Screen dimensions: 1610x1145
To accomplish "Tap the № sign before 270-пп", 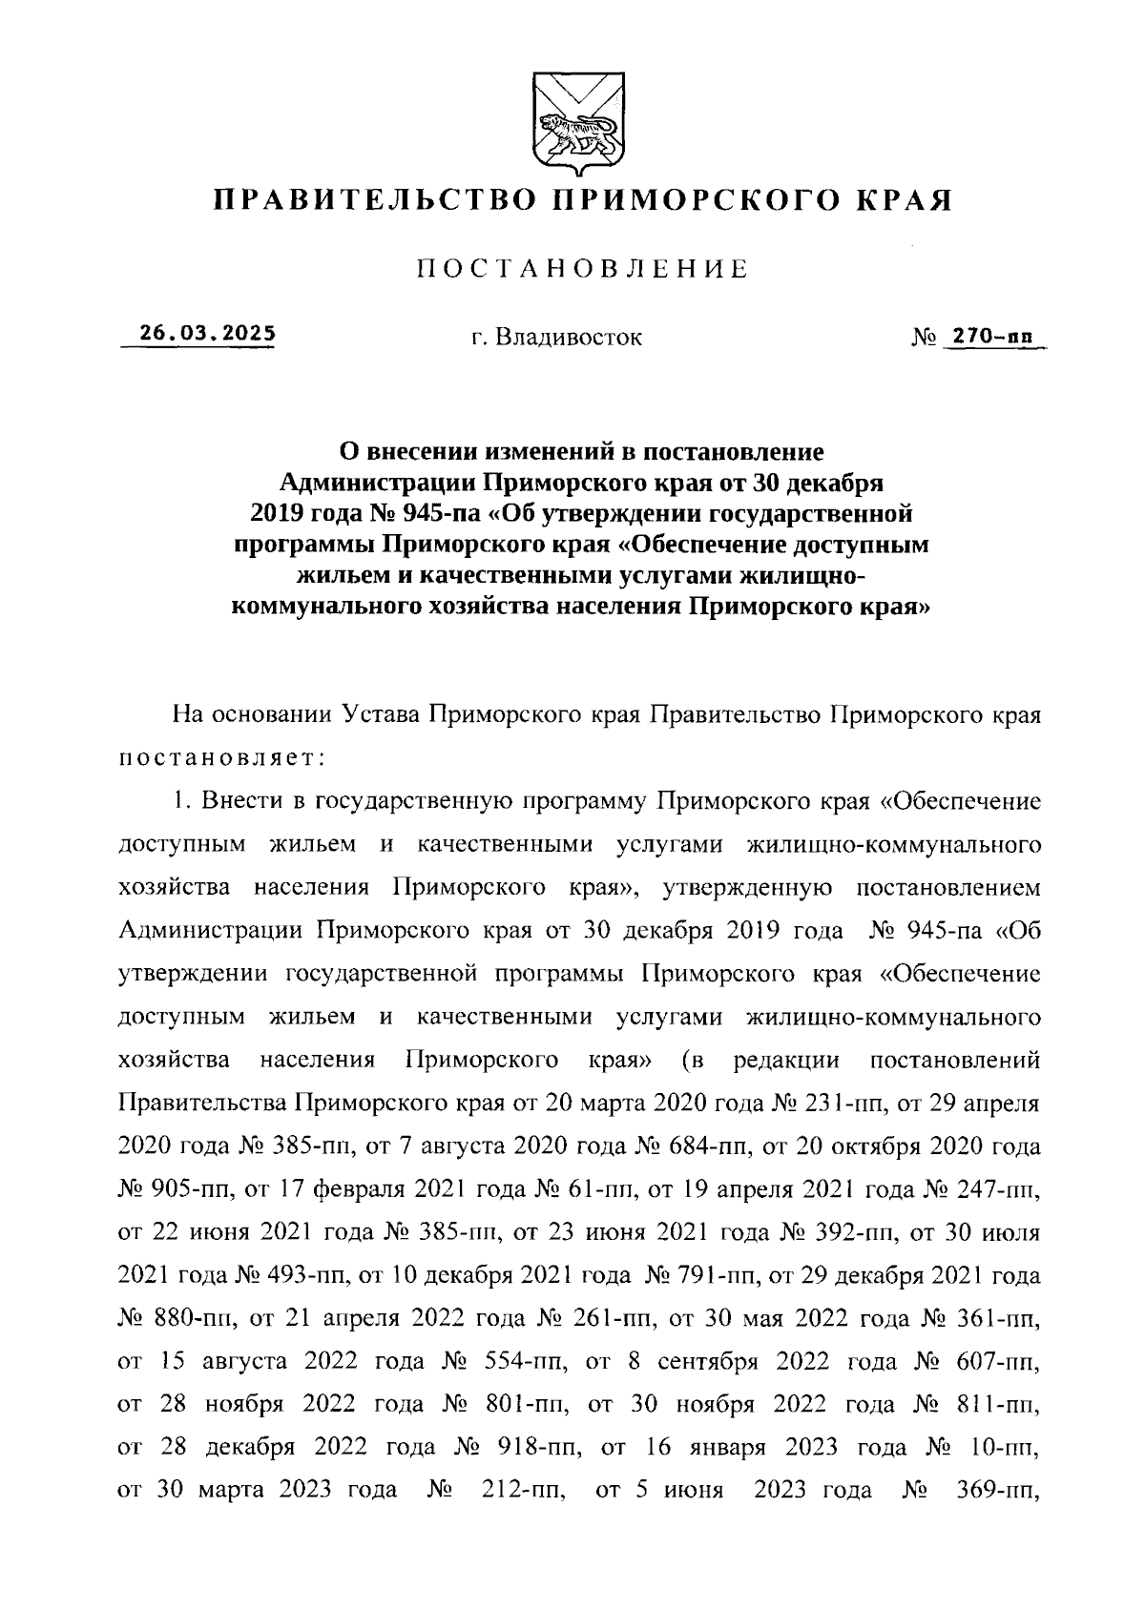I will coord(924,337).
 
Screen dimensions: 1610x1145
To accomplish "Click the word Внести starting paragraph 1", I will coord(237,802).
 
